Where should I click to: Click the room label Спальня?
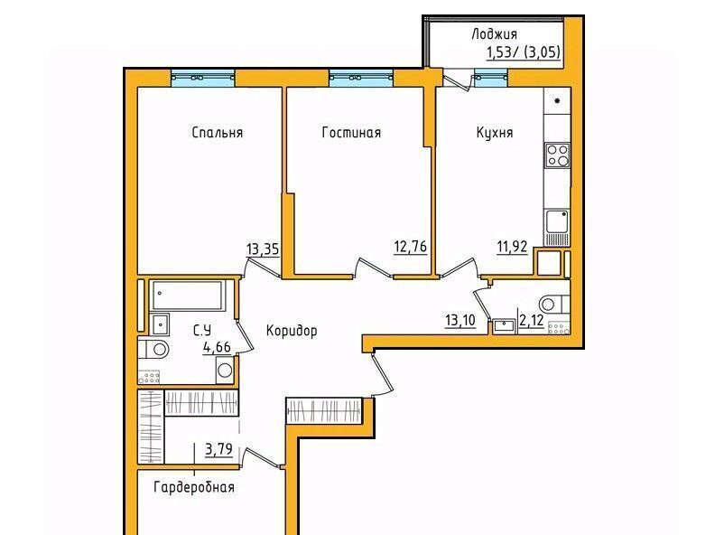click(218, 133)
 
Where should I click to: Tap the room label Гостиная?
click(351, 132)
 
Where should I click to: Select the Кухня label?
click(495, 133)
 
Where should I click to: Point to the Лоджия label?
click(495, 34)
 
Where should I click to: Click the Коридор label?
click(292, 331)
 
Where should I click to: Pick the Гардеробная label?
click(194, 487)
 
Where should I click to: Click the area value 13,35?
click(263, 249)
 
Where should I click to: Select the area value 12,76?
click(411, 247)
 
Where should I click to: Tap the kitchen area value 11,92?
click(512, 247)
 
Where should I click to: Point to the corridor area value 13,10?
click(460, 320)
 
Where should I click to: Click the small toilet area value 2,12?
click(532, 321)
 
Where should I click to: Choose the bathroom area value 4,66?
click(217, 347)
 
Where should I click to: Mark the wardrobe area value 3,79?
click(218, 450)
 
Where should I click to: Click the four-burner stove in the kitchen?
click(557, 155)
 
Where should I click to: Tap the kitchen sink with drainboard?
click(557, 228)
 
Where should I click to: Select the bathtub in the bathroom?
click(188, 295)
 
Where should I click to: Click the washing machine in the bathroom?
click(225, 370)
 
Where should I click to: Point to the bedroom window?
click(203, 78)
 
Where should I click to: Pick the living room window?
click(361, 78)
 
